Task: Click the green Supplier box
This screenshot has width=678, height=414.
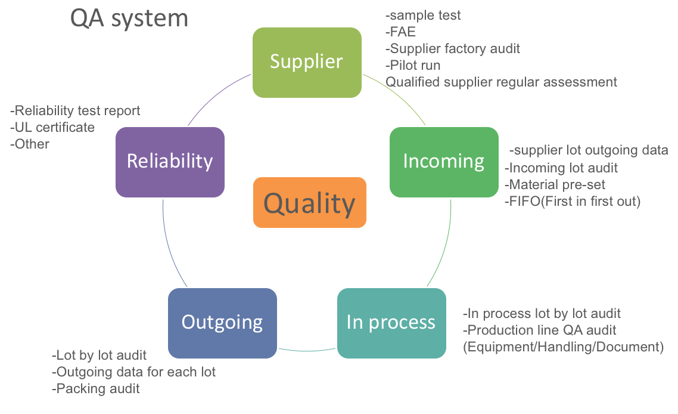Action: point(307,62)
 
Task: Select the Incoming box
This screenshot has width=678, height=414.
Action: point(444,162)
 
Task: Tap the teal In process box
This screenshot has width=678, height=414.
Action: point(391,323)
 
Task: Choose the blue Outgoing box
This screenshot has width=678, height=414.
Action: point(222,323)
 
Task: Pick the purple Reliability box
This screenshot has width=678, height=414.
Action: point(170,162)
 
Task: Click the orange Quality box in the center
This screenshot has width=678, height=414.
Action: point(309,203)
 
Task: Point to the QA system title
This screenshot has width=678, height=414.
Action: point(129,18)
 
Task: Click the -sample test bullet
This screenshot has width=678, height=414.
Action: point(424,16)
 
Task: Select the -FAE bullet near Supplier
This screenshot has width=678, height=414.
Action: point(401,32)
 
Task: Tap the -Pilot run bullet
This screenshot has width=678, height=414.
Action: point(413,65)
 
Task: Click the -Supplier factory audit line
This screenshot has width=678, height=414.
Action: point(453,49)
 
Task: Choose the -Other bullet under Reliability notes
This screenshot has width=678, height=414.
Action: point(30,144)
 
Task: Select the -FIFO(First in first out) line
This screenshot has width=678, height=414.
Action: point(573,202)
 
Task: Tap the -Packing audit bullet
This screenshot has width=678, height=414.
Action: point(96,389)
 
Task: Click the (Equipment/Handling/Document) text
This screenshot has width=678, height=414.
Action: point(563,347)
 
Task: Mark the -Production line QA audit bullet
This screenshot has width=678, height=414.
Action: point(539,330)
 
